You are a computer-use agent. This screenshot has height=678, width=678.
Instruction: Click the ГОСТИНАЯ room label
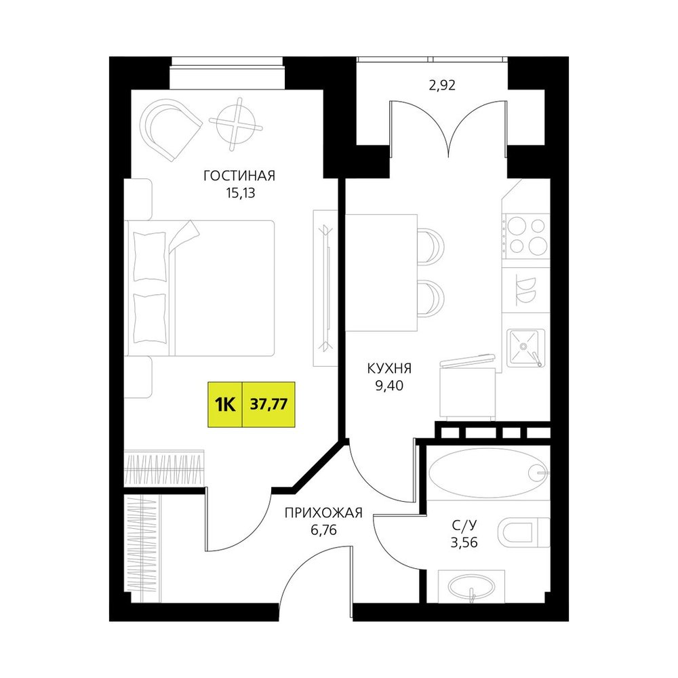(x=239, y=176)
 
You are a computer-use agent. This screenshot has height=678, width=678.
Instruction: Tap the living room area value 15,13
(x=240, y=193)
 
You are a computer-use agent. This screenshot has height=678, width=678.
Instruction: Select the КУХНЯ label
(x=389, y=368)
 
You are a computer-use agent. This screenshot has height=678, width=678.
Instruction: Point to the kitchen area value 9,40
(x=389, y=385)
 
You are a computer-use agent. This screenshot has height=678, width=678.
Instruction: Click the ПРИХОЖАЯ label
(x=323, y=513)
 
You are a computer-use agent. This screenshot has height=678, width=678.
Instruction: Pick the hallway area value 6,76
(x=323, y=530)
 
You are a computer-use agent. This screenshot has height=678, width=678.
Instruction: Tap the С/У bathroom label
(x=464, y=525)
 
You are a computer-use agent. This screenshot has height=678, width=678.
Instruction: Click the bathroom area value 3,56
(x=464, y=542)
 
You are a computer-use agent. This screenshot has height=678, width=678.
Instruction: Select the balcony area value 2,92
(x=442, y=85)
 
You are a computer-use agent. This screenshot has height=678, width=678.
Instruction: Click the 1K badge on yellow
(x=225, y=405)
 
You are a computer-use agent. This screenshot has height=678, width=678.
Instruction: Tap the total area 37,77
(x=269, y=405)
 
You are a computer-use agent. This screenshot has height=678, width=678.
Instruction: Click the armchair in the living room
(x=172, y=129)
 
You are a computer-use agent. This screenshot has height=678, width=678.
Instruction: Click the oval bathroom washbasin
(x=471, y=586)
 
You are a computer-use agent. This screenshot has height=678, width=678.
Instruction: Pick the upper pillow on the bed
(x=150, y=257)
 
